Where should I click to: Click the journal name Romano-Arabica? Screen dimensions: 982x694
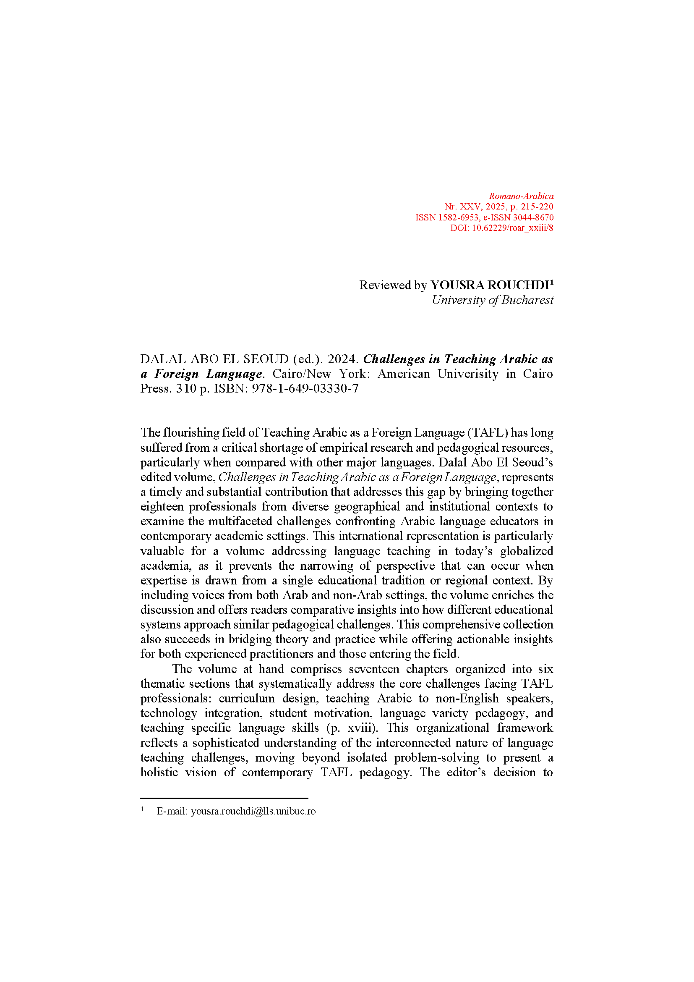pyautogui.click(x=521, y=196)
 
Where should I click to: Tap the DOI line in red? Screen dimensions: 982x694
pyautogui.click(x=501, y=228)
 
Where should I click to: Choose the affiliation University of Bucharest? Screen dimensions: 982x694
pyautogui.click(x=492, y=300)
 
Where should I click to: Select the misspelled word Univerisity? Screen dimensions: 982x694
pyautogui.click(x=467, y=374)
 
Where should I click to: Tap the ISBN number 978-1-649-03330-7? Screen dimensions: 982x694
pyautogui.click(x=305, y=388)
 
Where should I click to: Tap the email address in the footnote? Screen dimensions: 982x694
pyautogui.click(x=253, y=812)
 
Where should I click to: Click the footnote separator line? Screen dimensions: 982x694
pyautogui.click(x=224, y=798)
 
